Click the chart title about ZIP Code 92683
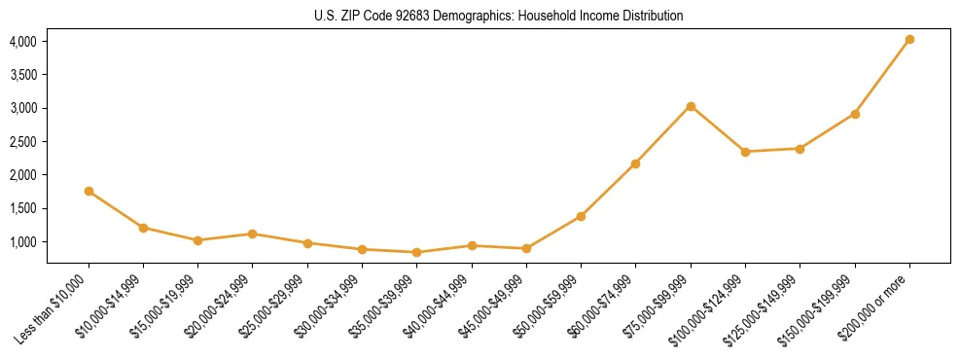(499, 16)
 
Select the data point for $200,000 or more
(909, 40)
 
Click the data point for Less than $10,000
(89, 192)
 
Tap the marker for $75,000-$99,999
(691, 106)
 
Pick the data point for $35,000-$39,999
(417, 252)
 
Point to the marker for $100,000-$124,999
(745, 152)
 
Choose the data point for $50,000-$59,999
(581, 216)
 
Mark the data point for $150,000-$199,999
(855, 114)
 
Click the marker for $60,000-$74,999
(635, 163)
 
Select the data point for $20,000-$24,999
(253, 234)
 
